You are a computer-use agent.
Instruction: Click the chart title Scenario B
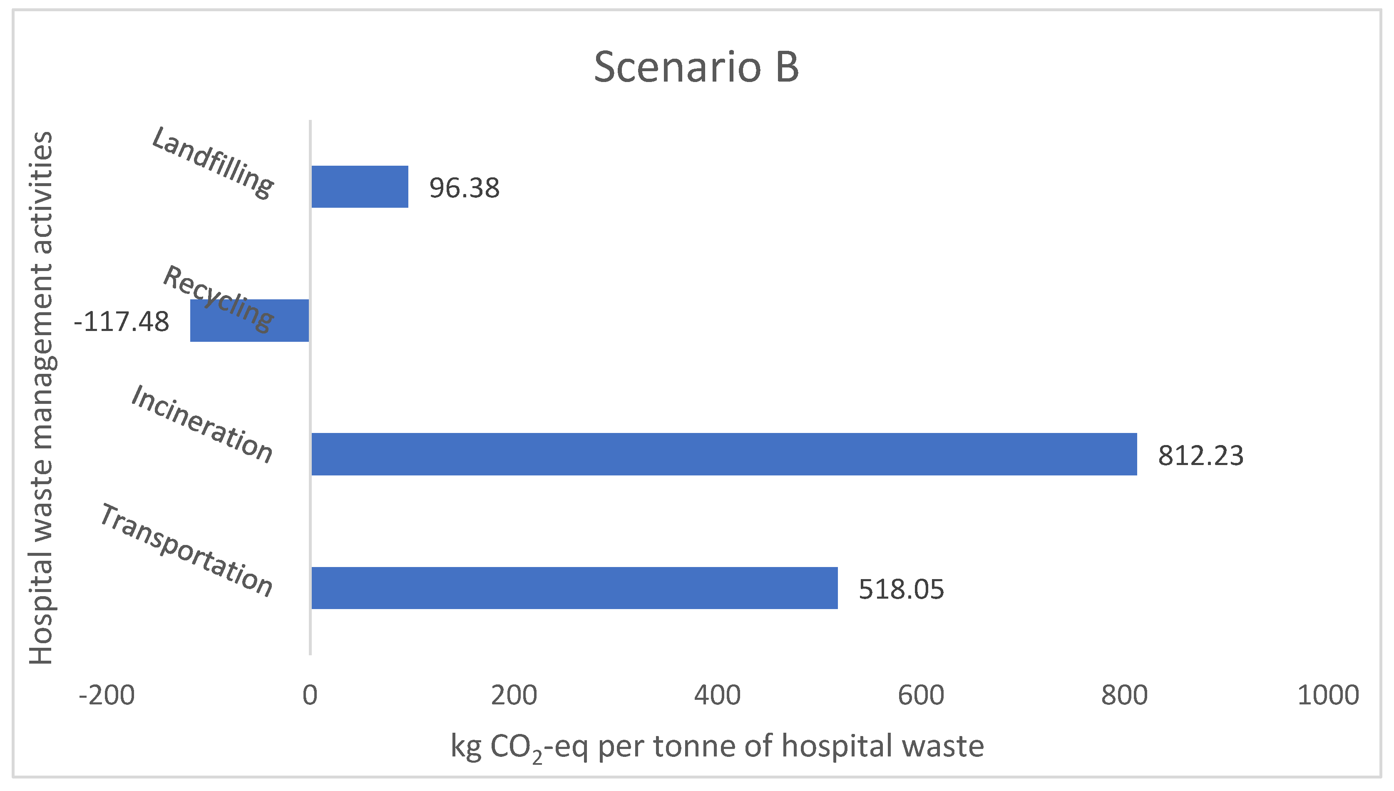[x=696, y=67]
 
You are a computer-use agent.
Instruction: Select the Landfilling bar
[x=360, y=187]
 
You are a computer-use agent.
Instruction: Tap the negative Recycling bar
[x=249, y=321]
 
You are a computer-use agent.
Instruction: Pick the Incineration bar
[x=724, y=454]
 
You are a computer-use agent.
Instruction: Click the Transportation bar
[x=574, y=588]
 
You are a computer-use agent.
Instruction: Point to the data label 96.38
[x=464, y=188]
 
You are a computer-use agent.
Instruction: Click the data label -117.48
[x=122, y=322]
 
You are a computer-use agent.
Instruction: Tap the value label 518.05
[x=901, y=590]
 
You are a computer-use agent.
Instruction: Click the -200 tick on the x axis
[x=107, y=695]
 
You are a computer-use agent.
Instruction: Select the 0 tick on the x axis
[x=310, y=695]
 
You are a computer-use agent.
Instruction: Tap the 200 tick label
[x=514, y=695]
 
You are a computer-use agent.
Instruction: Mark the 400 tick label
[x=717, y=695]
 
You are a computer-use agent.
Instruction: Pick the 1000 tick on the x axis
[x=1328, y=695]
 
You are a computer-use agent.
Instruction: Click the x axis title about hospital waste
[x=717, y=746]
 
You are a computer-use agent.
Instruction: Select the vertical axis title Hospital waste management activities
[x=41, y=398]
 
